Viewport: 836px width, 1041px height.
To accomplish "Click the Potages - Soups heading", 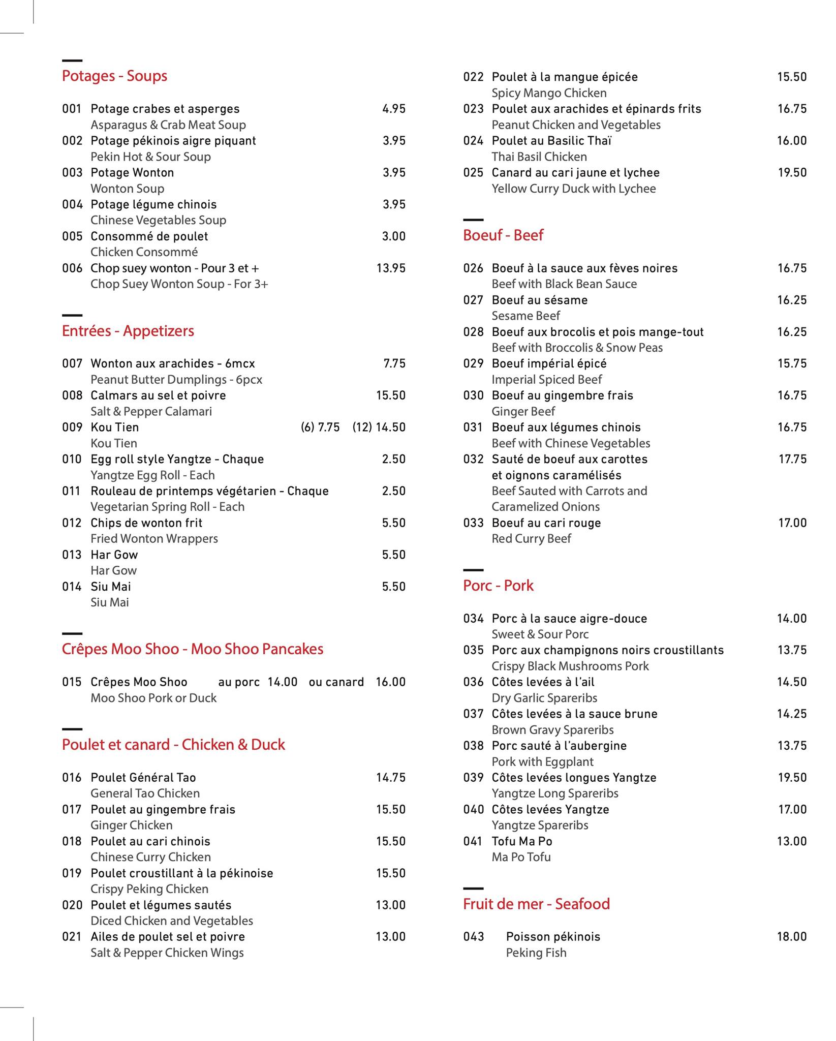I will pyautogui.click(x=114, y=76).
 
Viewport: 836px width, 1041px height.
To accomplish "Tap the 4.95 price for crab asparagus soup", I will pyautogui.click(x=394, y=109).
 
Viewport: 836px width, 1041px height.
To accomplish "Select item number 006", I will pyautogui.click(x=72, y=268).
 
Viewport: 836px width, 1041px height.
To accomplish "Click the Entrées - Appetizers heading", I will pyautogui.click(x=128, y=331).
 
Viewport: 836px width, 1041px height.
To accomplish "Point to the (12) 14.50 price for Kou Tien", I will pyautogui.click(x=379, y=427).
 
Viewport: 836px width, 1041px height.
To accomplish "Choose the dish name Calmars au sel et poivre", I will pyautogui.click(x=158, y=395).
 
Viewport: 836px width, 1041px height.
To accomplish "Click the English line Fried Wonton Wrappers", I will pyautogui.click(x=154, y=539).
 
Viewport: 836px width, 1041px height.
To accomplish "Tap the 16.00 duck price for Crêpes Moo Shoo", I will pyautogui.click(x=390, y=682).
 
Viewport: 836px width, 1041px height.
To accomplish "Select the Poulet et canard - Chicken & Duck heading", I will pyautogui.click(x=173, y=745).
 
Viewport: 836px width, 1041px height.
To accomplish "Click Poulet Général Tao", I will pyautogui.click(x=143, y=778).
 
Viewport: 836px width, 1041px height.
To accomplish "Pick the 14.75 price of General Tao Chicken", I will pyautogui.click(x=390, y=778).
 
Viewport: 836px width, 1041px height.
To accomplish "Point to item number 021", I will pyautogui.click(x=72, y=937).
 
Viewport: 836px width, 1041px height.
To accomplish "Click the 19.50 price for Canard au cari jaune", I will pyautogui.click(x=792, y=173).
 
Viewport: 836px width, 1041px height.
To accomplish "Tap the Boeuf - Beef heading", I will pyautogui.click(x=503, y=235).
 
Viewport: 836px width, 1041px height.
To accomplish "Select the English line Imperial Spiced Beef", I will pyautogui.click(x=546, y=380).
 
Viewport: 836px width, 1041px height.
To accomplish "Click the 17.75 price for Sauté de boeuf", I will pyautogui.click(x=792, y=460).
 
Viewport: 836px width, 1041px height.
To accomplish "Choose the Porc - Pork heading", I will pyautogui.click(x=498, y=586).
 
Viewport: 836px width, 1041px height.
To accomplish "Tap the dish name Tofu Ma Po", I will pyautogui.click(x=522, y=842).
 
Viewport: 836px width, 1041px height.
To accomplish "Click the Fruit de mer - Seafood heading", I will pyautogui.click(x=536, y=904).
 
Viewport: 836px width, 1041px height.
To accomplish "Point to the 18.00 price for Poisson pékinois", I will pyautogui.click(x=792, y=937).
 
